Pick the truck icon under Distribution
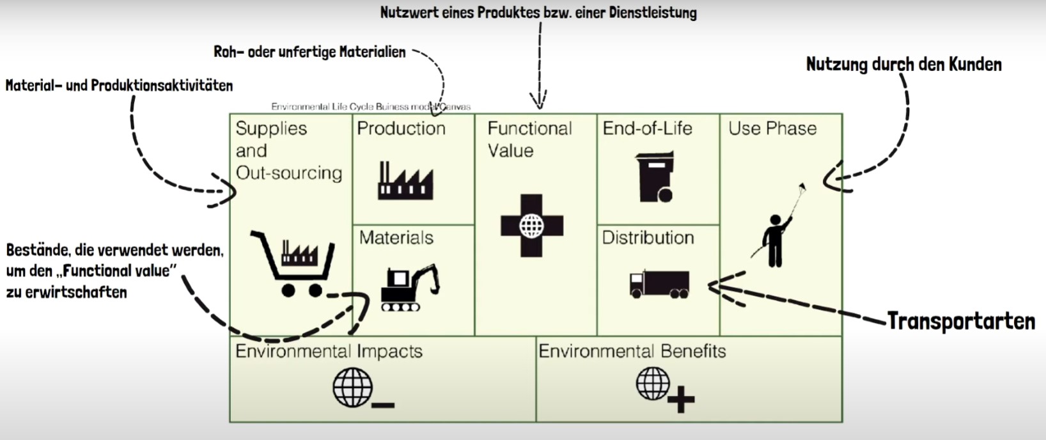tap(659, 284)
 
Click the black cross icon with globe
tap(532, 226)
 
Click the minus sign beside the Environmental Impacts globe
tap(383, 404)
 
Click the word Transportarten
tap(961, 321)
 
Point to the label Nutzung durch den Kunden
tap(903, 65)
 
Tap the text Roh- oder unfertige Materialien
tap(309, 52)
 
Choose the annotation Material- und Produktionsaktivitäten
tap(119, 85)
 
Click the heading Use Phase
tap(772, 129)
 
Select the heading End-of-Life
tap(647, 129)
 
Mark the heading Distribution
tap(648, 238)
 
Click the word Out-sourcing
tap(289, 173)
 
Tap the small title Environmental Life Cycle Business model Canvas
tap(371, 107)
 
